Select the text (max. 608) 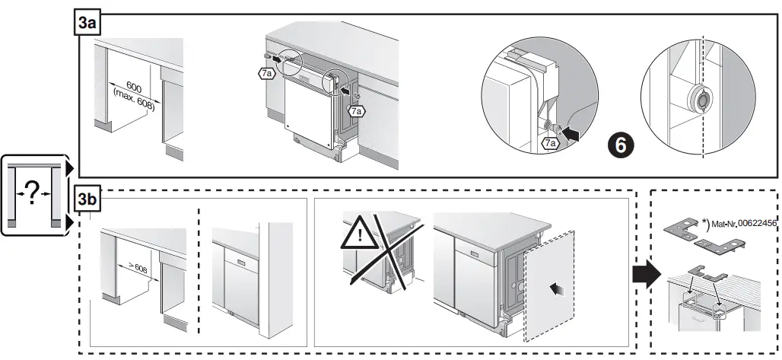click(x=132, y=99)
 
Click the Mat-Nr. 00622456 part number click(x=742, y=224)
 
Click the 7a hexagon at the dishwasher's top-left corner click(x=264, y=74)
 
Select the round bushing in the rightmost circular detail click(x=699, y=98)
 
